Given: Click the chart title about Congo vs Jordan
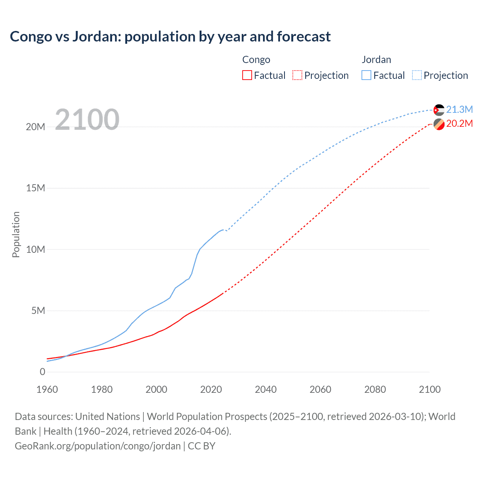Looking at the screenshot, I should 170,37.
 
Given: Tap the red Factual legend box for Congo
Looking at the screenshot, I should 247,75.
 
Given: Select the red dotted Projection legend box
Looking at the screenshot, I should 297,75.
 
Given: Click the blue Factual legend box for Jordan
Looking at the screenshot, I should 366,75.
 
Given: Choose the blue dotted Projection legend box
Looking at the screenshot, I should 417,75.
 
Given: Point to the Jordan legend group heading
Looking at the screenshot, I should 376,60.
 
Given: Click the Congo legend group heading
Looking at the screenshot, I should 256,60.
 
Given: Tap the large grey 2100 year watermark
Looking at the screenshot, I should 87,120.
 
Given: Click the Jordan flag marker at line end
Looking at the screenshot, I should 438,110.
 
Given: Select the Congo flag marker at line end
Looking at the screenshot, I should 438,124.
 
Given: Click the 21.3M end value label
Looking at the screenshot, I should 459,109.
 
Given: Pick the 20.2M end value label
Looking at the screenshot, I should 459,124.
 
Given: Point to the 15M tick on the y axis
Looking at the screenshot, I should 35,188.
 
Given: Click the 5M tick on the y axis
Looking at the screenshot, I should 38,311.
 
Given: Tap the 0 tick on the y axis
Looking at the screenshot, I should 42,372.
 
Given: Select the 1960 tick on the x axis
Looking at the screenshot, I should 47,389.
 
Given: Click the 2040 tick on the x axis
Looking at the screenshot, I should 266,389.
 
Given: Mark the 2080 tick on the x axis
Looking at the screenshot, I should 375,389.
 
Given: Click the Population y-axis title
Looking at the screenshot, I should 16,234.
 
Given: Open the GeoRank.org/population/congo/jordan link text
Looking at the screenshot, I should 98,446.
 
